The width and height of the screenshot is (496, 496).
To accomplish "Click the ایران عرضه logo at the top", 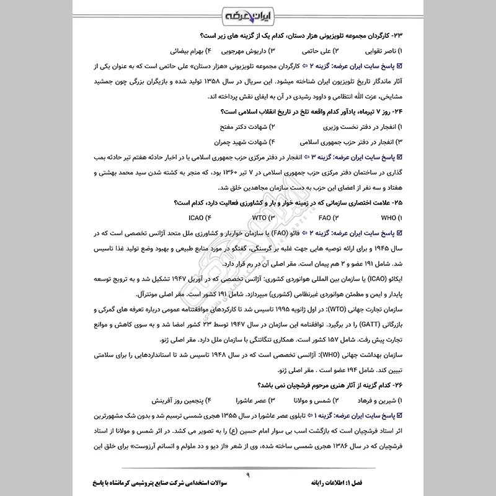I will click(x=248, y=14).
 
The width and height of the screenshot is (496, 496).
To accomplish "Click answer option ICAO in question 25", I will click(x=199, y=218).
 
